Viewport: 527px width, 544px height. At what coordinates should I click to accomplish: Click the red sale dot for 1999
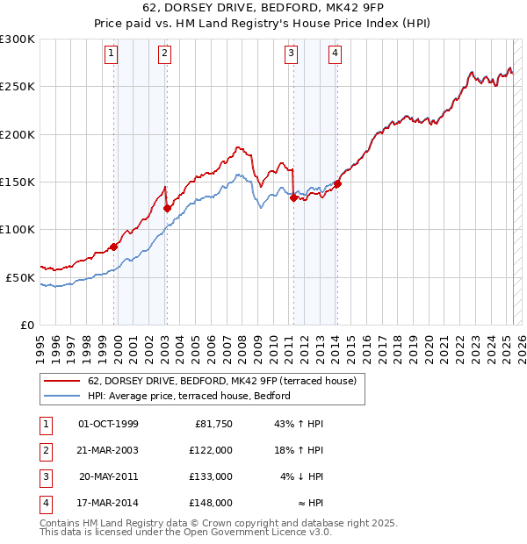coord(113,247)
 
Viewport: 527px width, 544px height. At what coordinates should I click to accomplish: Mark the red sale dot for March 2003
coord(167,208)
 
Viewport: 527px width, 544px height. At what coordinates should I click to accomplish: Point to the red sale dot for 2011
coord(293,197)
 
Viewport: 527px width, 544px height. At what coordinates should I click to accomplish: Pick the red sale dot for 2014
coord(337,183)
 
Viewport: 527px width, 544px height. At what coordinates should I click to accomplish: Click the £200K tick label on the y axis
coord(18,135)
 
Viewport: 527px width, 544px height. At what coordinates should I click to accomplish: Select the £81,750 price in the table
coord(213,425)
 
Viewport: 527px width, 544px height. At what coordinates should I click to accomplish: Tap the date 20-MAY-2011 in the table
coord(108,477)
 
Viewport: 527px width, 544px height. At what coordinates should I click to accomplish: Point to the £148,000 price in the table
coord(211,504)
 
